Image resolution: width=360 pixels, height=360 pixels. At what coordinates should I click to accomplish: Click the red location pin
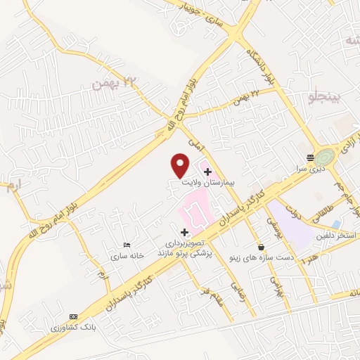click(x=181, y=164)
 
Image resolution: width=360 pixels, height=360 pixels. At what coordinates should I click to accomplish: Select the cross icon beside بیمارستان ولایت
click(x=207, y=171)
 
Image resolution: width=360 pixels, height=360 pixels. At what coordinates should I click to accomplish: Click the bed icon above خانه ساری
click(x=126, y=245)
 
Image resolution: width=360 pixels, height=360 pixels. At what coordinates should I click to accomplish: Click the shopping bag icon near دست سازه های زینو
click(x=262, y=247)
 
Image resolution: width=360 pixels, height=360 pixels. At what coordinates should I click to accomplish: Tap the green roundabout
click(x=325, y=156)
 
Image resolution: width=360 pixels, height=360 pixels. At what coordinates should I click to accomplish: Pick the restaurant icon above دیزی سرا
click(x=309, y=157)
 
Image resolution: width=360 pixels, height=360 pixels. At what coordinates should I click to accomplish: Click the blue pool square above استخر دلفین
click(x=336, y=224)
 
